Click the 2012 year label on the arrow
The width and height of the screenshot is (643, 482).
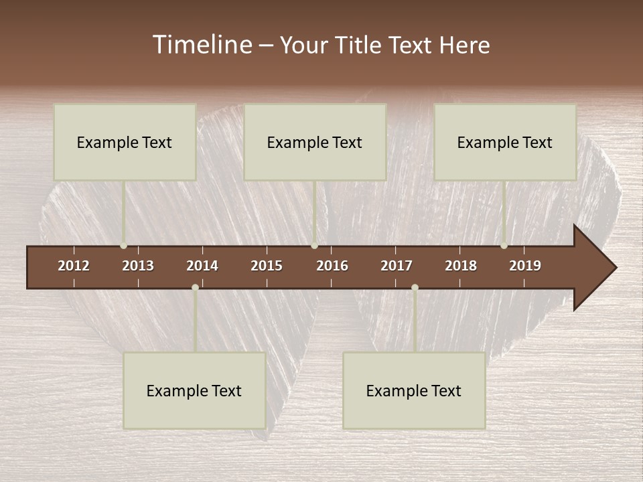(x=74, y=266)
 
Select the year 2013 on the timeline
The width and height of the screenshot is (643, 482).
(x=138, y=266)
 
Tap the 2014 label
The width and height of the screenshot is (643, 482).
(x=202, y=266)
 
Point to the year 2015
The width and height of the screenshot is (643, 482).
(x=267, y=266)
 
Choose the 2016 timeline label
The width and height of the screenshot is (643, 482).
(x=332, y=266)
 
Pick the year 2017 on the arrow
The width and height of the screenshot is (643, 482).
(x=397, y=266)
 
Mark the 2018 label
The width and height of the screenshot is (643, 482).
(x=461, y=266)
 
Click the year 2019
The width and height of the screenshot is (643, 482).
(x=525, y=266)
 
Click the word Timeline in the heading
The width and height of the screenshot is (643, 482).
(x=202, y=45)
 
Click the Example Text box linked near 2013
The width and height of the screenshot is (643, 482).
(x=125, y=142)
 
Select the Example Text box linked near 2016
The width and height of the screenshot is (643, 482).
(x=315, y=142)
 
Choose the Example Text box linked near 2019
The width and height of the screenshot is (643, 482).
(x=505, y=142)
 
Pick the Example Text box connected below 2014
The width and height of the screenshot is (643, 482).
(x=194, y=390)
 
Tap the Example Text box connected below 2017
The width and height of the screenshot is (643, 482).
(x=414, y=390)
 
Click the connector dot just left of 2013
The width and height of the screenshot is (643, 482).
(x=123, y=246)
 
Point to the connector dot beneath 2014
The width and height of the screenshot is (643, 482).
(x=195, y=288)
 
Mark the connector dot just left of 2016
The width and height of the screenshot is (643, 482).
(x=314, y=246)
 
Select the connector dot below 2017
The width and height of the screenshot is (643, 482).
(x=415, y=288)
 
